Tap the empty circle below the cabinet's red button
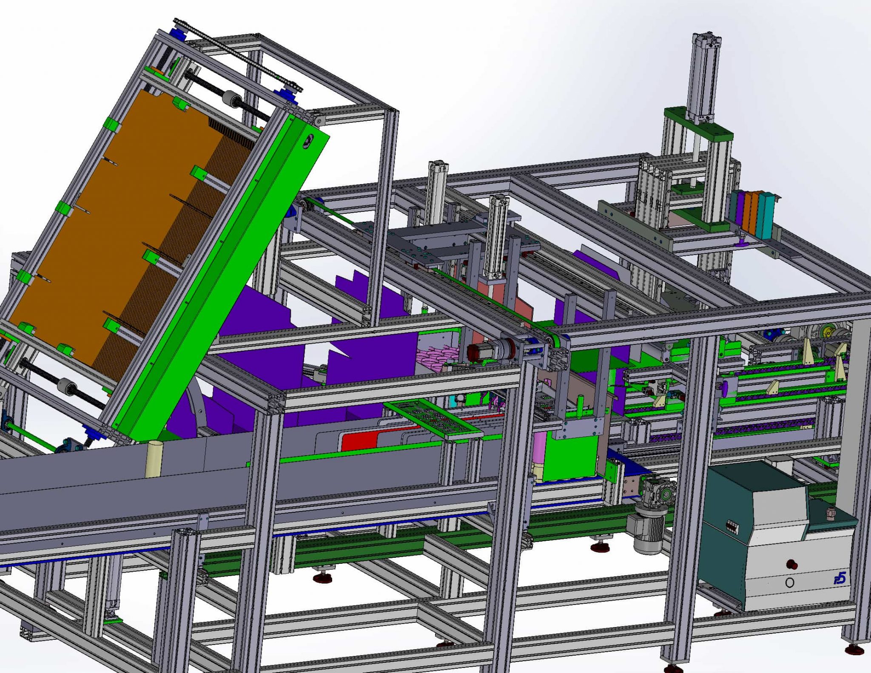(x=789, y=582)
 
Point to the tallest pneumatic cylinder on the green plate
(x=705, y=77)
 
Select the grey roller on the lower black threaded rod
(x=66, y=385)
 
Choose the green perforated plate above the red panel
(x=434, y=418)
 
